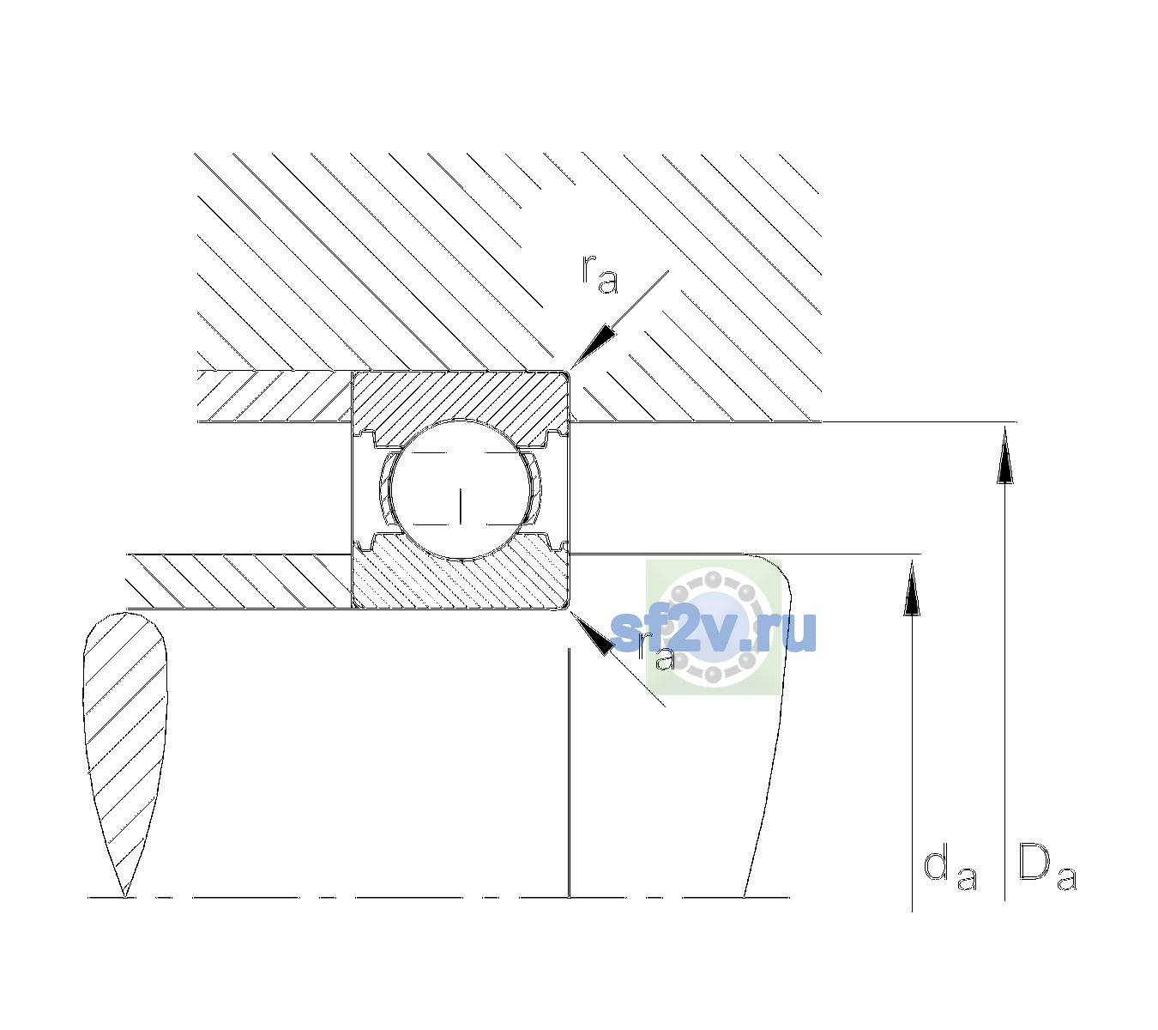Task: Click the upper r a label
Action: pos(600,274)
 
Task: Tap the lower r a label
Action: pos(656,652)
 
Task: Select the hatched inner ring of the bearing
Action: pos(460,579)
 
